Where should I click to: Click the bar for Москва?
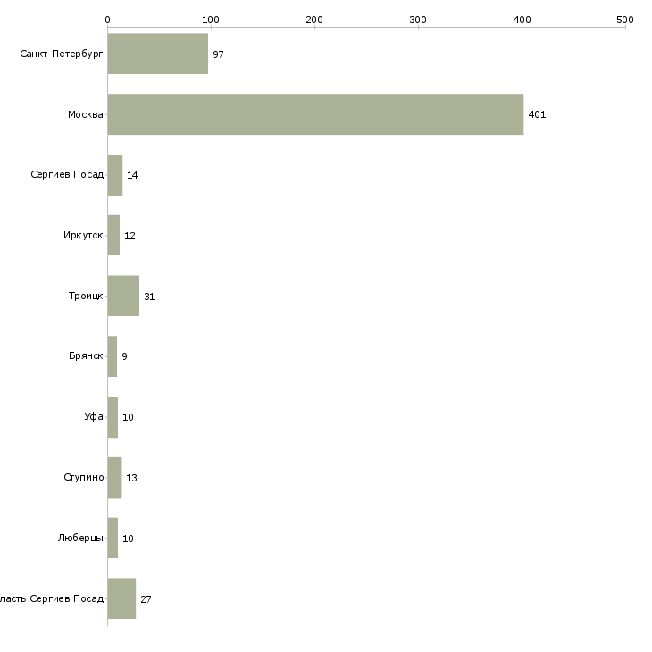(x=315, y=114)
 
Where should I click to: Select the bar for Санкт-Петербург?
(x=157, y=54)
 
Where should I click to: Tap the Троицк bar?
(x=123, y=296)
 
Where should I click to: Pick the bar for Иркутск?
(x=113, y=235)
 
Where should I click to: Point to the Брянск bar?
(x=113, y=356)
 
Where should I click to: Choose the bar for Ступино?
(x=114, y=478)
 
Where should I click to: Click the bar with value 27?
(x=121, y=598)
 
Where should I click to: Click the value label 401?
(x=537, y=114)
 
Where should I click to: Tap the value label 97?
(x=218, y=54)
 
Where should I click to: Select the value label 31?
(x=149, y=297)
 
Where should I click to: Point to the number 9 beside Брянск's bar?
(x=124, y=356)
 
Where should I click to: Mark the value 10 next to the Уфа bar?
(x=128, y=417)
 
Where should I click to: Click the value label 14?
(x=132, y=175)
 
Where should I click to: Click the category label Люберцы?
(x=80, y=539)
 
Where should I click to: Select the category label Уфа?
(x=94, y=417)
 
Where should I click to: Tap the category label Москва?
(x=86, y=114)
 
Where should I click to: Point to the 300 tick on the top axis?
(x=418, y=19)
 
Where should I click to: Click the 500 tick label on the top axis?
(x=625, y=19)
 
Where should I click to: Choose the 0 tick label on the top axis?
(x=107, y=19)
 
